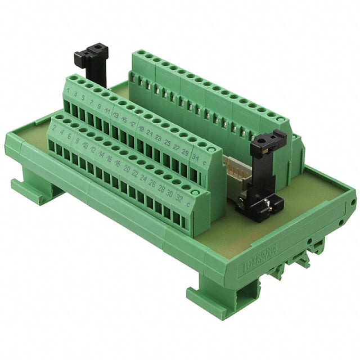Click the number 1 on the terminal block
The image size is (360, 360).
68,90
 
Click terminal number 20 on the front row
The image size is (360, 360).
127,169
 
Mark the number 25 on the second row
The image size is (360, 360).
168,142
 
